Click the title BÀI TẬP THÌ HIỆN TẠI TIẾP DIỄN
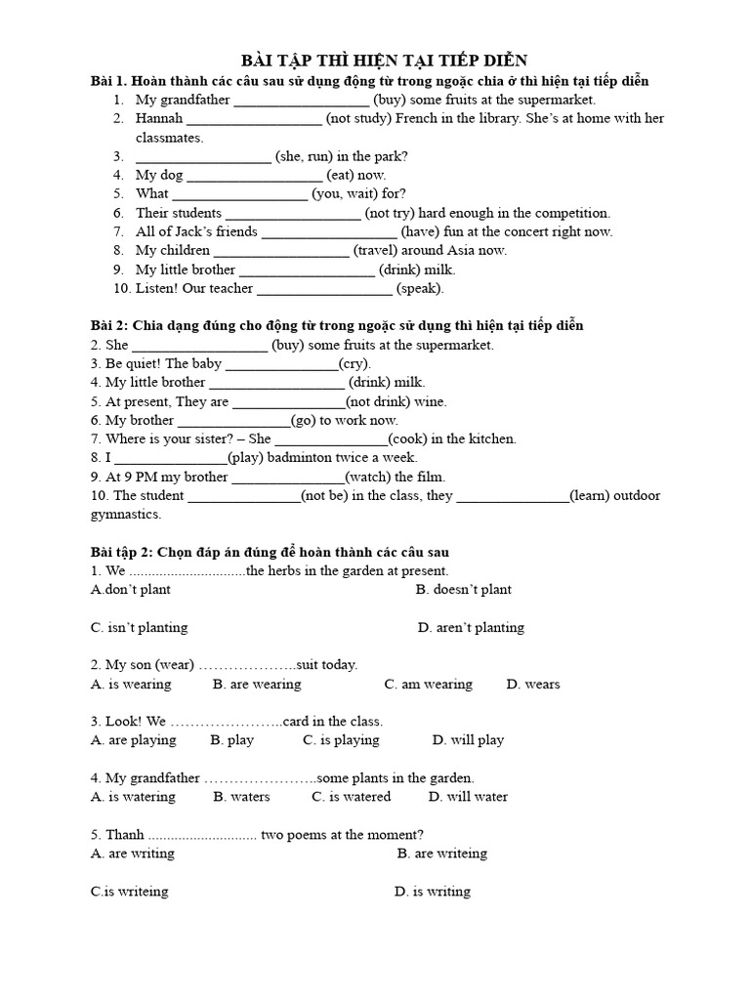click(x=384, y=61)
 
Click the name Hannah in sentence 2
click(x=159, y=118)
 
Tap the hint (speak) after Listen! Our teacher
click(x=420, y=288)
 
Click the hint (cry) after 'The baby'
click(x=354, y=363)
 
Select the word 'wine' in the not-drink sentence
click(x=429, y=401)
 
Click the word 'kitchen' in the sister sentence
click(x=491, y=439)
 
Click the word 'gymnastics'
click(x=126, y=514)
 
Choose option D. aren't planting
click(x=471, y=627)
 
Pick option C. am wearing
click(x=428, y=684)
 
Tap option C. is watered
click(x=351, y=796)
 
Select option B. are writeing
click(x=441, y=853)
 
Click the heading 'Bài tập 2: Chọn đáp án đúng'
click(x=270, y=552)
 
